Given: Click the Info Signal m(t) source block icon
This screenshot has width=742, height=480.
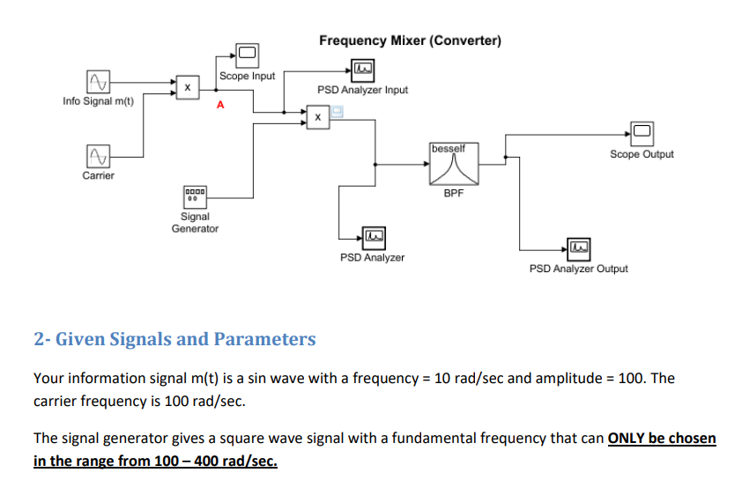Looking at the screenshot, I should [97, 83].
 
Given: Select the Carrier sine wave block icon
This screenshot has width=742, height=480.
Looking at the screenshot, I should [97, 156].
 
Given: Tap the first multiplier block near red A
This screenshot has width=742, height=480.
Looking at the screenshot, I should [187, 87].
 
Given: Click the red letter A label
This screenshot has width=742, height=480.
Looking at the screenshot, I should [220, 106].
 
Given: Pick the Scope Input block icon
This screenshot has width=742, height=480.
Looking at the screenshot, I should [247, 55].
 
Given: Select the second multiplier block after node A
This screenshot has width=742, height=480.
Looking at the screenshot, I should [317, 115].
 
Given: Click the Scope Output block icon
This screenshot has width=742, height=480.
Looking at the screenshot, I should [641, 134].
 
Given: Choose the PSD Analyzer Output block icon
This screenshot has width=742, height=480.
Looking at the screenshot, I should [578, 247].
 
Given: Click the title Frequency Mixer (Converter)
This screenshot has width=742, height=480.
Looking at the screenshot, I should [410, 41].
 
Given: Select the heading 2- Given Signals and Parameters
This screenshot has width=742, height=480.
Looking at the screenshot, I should [174, 339].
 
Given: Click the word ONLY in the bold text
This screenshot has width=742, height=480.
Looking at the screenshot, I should [627, 438].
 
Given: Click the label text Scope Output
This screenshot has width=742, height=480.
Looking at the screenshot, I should [641, 154].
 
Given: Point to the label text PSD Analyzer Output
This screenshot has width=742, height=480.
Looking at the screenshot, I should [578, 269].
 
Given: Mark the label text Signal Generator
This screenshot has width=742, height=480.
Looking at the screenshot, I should [195, 222].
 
